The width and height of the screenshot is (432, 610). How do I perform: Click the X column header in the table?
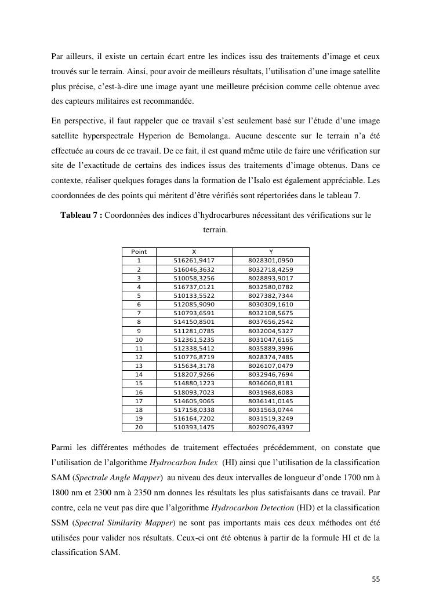[x=194, y=251]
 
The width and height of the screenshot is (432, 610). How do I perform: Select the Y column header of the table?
[x=271, y=251]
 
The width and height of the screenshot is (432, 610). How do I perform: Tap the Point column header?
[x=139, y=251]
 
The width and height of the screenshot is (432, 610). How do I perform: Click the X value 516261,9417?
[x=194, y=261]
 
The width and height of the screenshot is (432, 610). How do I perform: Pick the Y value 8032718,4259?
[x=271, y=269]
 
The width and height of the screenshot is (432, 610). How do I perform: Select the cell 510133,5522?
[x=194, y=295]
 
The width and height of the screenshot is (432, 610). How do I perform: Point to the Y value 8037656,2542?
[x=271, y=322]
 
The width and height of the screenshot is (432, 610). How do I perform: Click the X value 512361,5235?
[x=194, y=339]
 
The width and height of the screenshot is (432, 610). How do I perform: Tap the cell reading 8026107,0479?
[x=271, y=366]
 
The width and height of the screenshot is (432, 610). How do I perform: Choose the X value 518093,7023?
[x=194, y=392]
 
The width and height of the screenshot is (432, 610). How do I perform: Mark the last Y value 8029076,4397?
[x=271, y=427]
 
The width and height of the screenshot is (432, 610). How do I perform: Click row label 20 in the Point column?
[x=139, y=427]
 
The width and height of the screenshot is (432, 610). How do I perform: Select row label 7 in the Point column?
[x=139, y=313]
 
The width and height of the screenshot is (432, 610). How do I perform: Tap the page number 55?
[x=375, y=579]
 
